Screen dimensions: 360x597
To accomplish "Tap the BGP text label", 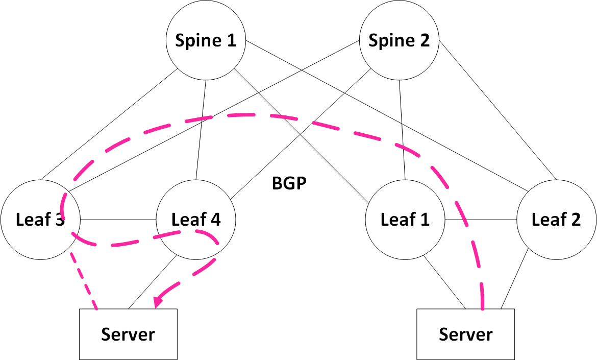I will click(289, 183).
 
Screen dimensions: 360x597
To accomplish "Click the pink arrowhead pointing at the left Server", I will click(159, 302).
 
